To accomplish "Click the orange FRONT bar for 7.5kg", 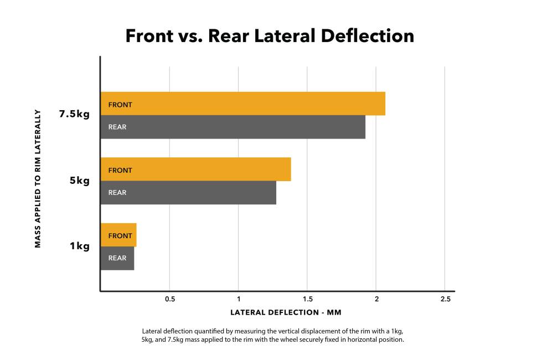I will click(x=242, y=104).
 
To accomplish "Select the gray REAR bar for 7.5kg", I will click(x=233, y=127).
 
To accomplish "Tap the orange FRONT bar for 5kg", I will click(x=195, y=169).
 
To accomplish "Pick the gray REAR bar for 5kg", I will click(x=188, y=193).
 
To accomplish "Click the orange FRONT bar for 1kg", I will click(x=118, y=235).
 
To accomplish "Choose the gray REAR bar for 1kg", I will click(x=117, y=258).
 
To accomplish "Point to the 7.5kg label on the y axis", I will click(x=74, y=115).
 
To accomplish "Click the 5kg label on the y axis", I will click(x=80, y=181).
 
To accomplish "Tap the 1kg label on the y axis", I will click(x=80, y=246).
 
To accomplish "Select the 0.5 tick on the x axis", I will click(x=169, y=299).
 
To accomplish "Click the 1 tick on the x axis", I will click(x=238, y=299).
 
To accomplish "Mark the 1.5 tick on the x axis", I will click(x=307, y=299).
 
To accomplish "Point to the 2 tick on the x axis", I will click(x=376, y=299).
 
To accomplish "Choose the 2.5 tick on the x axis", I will click(x=445, y=299).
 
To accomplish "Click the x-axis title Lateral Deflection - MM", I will click(x=286, y=313).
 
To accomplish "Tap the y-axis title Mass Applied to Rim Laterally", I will click(x=38, y=178).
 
